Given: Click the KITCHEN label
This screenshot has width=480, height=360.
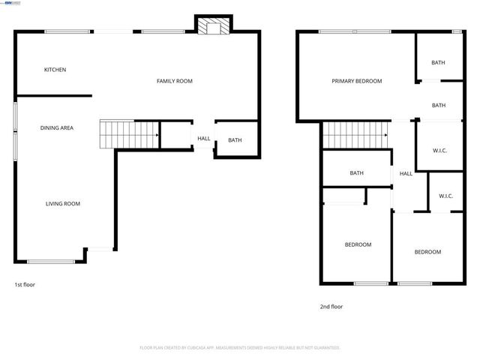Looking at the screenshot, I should point(55,70).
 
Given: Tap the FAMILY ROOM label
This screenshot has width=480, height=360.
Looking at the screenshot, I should point(174,81).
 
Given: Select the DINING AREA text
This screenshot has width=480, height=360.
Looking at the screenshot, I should point(57,128).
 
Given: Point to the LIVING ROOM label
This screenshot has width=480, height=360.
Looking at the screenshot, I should point(63,204).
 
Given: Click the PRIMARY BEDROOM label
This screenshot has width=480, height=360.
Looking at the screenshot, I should point(357,81).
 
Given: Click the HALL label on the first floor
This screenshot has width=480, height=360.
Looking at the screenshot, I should point(204,139).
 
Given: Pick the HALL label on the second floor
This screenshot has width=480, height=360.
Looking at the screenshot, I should point(406,174).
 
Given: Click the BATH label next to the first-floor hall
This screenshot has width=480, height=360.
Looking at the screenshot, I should point(235,140).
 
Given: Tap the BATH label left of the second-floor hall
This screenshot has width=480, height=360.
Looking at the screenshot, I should point(356,173).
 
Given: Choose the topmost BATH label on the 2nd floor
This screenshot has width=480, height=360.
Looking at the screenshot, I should point(438,62).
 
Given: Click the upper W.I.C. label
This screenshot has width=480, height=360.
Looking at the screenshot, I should point(439,151).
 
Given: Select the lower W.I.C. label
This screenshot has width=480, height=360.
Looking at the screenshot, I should point(445,196).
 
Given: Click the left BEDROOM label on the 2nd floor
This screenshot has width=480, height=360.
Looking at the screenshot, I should point(358,244).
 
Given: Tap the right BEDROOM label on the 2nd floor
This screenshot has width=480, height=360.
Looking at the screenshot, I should point(427,252).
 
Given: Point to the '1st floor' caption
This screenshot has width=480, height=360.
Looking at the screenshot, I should point(25,285).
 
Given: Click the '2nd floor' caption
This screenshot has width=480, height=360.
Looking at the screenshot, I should point(331,306).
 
